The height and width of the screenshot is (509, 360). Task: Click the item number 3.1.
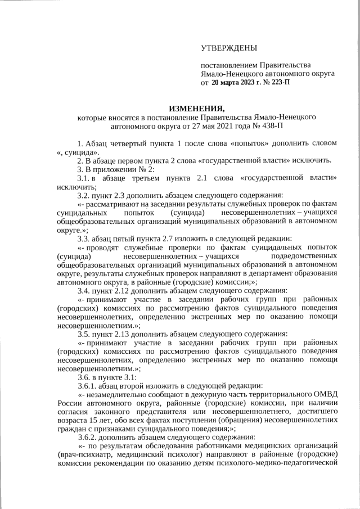[84, 178]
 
